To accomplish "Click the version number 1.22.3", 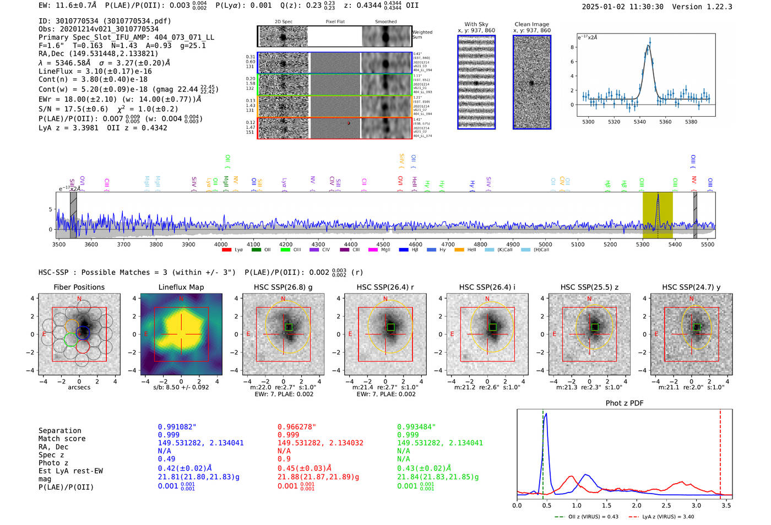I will pyautogui.click(x=716, y=7).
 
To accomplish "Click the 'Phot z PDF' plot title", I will pyautogui.click(x=625, y=403).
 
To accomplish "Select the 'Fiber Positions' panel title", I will pyautogui.click(x=79, y=287).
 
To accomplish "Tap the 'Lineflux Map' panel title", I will pyautogui.click(x=181, y=287).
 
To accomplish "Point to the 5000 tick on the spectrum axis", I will pyautogui.click(x=545, y=245).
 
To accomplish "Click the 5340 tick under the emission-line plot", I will pyautogui.click(x=639, y=122).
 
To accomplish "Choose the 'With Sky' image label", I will pyautogui.click(x=476, y=24).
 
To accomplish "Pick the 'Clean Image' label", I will pyautogui.click(x=531, y=24).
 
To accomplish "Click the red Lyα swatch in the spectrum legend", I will pyautogui.click(x=226, y=250).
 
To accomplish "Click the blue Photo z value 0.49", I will pyautogui.click(x=166, y=459).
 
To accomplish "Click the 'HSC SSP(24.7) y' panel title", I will pyautogui.click(x=691, y=287).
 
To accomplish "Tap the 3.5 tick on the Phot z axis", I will pyautogui.click(x=726, y=505).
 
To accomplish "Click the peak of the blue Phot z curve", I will pyautogui.click(x=545, y=414).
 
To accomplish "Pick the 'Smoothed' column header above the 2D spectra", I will pyautogui.click(x=385, y=22).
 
